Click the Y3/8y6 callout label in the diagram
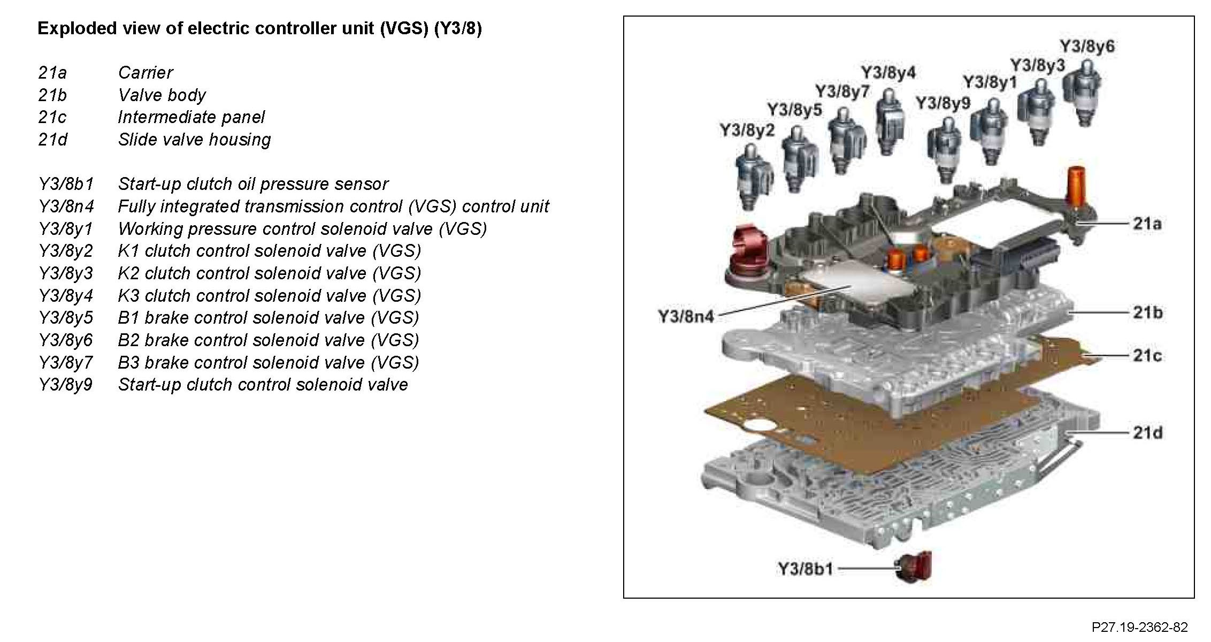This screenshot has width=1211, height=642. click(x=1087, y=47)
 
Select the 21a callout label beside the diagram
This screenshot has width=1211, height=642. click(x=1147, y=224)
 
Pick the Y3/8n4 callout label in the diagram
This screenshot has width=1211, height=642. click(x=686, y=316)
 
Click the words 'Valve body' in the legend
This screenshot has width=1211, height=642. click(x=162, y=95)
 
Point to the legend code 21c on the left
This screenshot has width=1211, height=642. click(x=52, y=117)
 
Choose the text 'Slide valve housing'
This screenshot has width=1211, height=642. click(x=194, y=140)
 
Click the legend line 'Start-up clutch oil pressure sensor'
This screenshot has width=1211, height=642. click(x=253, y=184)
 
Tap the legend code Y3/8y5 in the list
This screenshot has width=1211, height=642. click(x=65, y=318)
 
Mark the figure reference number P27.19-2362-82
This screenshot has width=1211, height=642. click(x=1139, y=627)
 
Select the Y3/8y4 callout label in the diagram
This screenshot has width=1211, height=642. click(x=888, y=73)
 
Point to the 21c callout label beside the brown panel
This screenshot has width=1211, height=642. click(x=1147, y=355)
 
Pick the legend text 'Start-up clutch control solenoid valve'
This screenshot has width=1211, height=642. click(x=263, y=385)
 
